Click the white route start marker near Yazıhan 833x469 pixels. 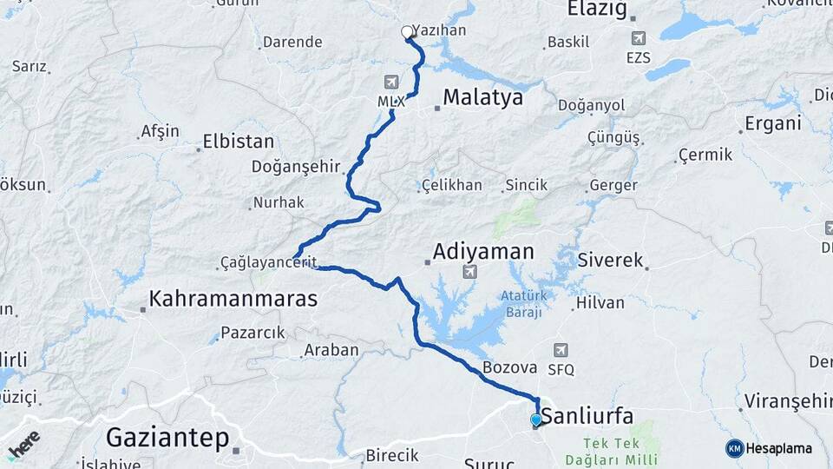pyautogui.click(x=407, y=32)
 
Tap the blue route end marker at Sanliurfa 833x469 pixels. pyautogui.click(x=536, y=420)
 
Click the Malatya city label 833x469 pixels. pyautogui.click(x=482, y=97)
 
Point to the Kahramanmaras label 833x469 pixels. pyautogui.click(x=233, y=299)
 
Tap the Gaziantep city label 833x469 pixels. pyautogui.click(x=167, y=437)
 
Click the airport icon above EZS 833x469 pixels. pyautogui.click(x=639, y=38)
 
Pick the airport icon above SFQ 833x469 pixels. pyautogui.click(x=561, y=349)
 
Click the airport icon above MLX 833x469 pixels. pyautogui.click(x=390, y=82)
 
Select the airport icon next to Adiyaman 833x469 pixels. pyautogui.click(x=469, y=272)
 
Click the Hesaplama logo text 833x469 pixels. pyautogui.click(x=778, y=448)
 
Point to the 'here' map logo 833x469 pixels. pyautogui.click(x=24, y=443)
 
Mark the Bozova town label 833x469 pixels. pyautogui.click(x=509, y=367)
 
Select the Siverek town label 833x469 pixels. pyautogui.click(x=610, y=260)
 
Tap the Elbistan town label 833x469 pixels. pyautogui.click(x=238, y=141)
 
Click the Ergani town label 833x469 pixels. pyautogui.click(x=772, y=123)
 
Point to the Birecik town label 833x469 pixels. pyautogui.click(x=391, y=455)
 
